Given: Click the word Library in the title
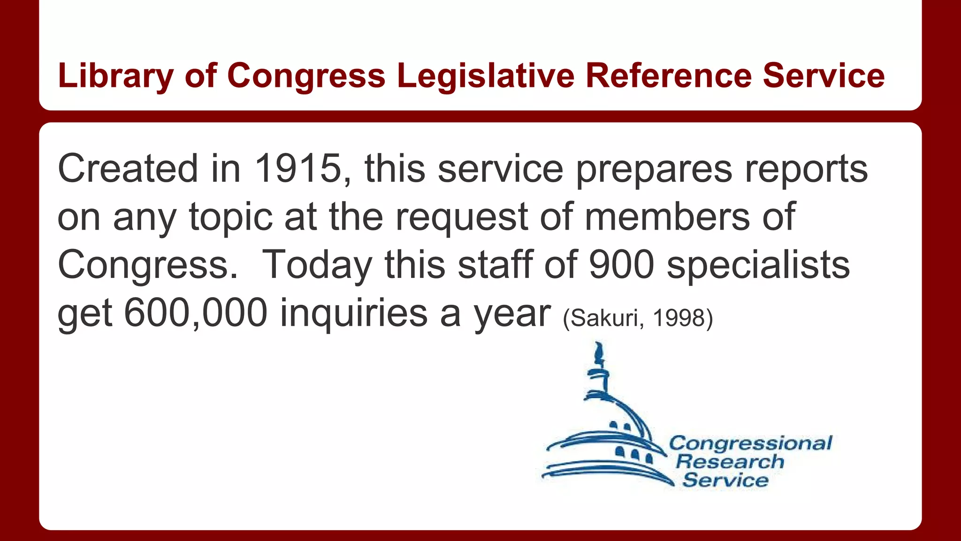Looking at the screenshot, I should (115, 76).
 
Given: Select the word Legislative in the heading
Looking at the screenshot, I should (485, 76).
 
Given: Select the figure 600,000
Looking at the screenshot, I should (196, 313).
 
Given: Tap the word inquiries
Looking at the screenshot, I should (354, 313).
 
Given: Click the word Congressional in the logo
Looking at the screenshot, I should (750, 443).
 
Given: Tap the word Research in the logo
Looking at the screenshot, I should (730, 462).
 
